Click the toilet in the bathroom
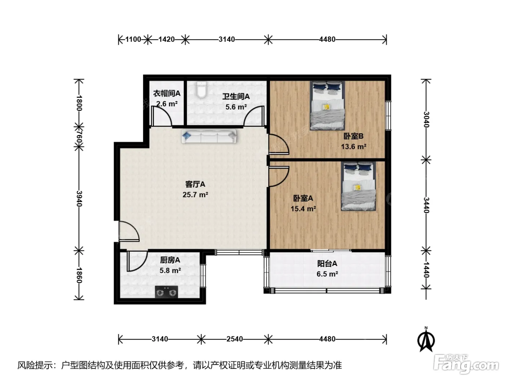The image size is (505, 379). pos(202,90)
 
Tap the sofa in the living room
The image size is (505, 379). pos(209,136)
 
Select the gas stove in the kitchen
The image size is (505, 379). pos(166,292)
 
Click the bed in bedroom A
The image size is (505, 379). pos(359,186)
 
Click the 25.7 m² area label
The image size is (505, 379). pos(196,195)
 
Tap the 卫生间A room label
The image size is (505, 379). pos(236,96)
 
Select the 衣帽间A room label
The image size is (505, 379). pos(167,93)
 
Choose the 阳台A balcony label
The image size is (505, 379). pos(327,264)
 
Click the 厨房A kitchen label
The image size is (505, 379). pos(170,260)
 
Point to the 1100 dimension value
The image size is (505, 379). pos(133,39)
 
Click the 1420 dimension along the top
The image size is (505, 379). pos(167,39)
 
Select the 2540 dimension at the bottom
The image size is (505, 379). pos(235,339)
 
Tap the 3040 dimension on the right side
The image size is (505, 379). pos(426,119)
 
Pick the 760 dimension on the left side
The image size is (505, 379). pos(79,137)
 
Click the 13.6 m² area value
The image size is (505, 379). pos(353,147)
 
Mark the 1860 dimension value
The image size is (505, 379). pos(79,275)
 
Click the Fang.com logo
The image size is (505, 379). pos(466,365)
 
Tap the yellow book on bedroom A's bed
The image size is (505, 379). pos(357,188)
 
